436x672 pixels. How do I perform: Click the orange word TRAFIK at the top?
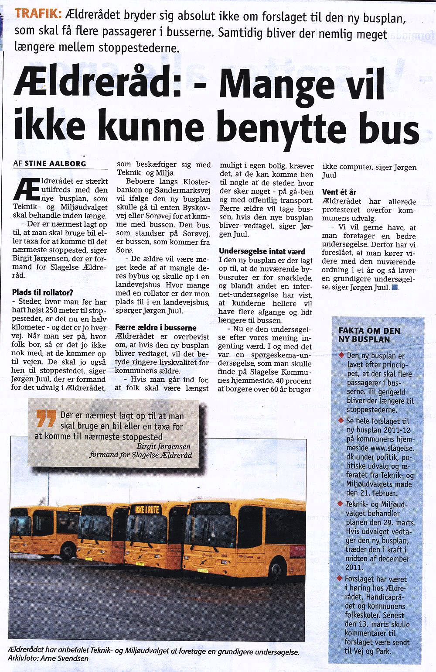coord(37,14)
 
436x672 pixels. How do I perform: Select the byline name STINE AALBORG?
coord(55,164)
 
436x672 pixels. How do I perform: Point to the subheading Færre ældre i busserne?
coord(156,327)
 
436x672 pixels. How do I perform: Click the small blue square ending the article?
coord(395,287)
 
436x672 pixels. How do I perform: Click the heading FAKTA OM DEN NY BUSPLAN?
coord(363,335)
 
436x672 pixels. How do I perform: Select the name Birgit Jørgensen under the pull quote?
coord(163,446)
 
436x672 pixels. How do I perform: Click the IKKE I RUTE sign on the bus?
coord(147,509)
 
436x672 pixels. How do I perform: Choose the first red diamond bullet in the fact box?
coord(341,356)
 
